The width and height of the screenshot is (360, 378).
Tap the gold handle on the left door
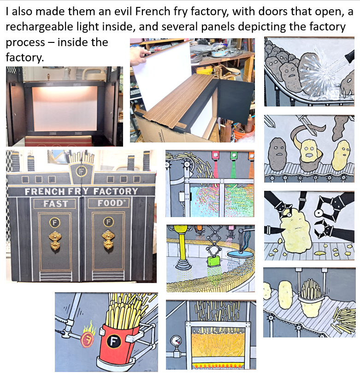(55, 240)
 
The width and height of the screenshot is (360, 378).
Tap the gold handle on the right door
(108, 239)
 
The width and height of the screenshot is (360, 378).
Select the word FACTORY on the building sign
(116, 191)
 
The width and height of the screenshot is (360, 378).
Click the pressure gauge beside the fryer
(176, 341)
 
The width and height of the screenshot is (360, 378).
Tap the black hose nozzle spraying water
(350, 56)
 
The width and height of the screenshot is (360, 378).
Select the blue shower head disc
(241, 254)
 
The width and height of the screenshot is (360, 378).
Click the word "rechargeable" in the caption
(39, 27)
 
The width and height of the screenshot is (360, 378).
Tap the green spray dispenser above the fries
(233, 155)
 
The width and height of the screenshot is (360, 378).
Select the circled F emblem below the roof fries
(81, 171)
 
